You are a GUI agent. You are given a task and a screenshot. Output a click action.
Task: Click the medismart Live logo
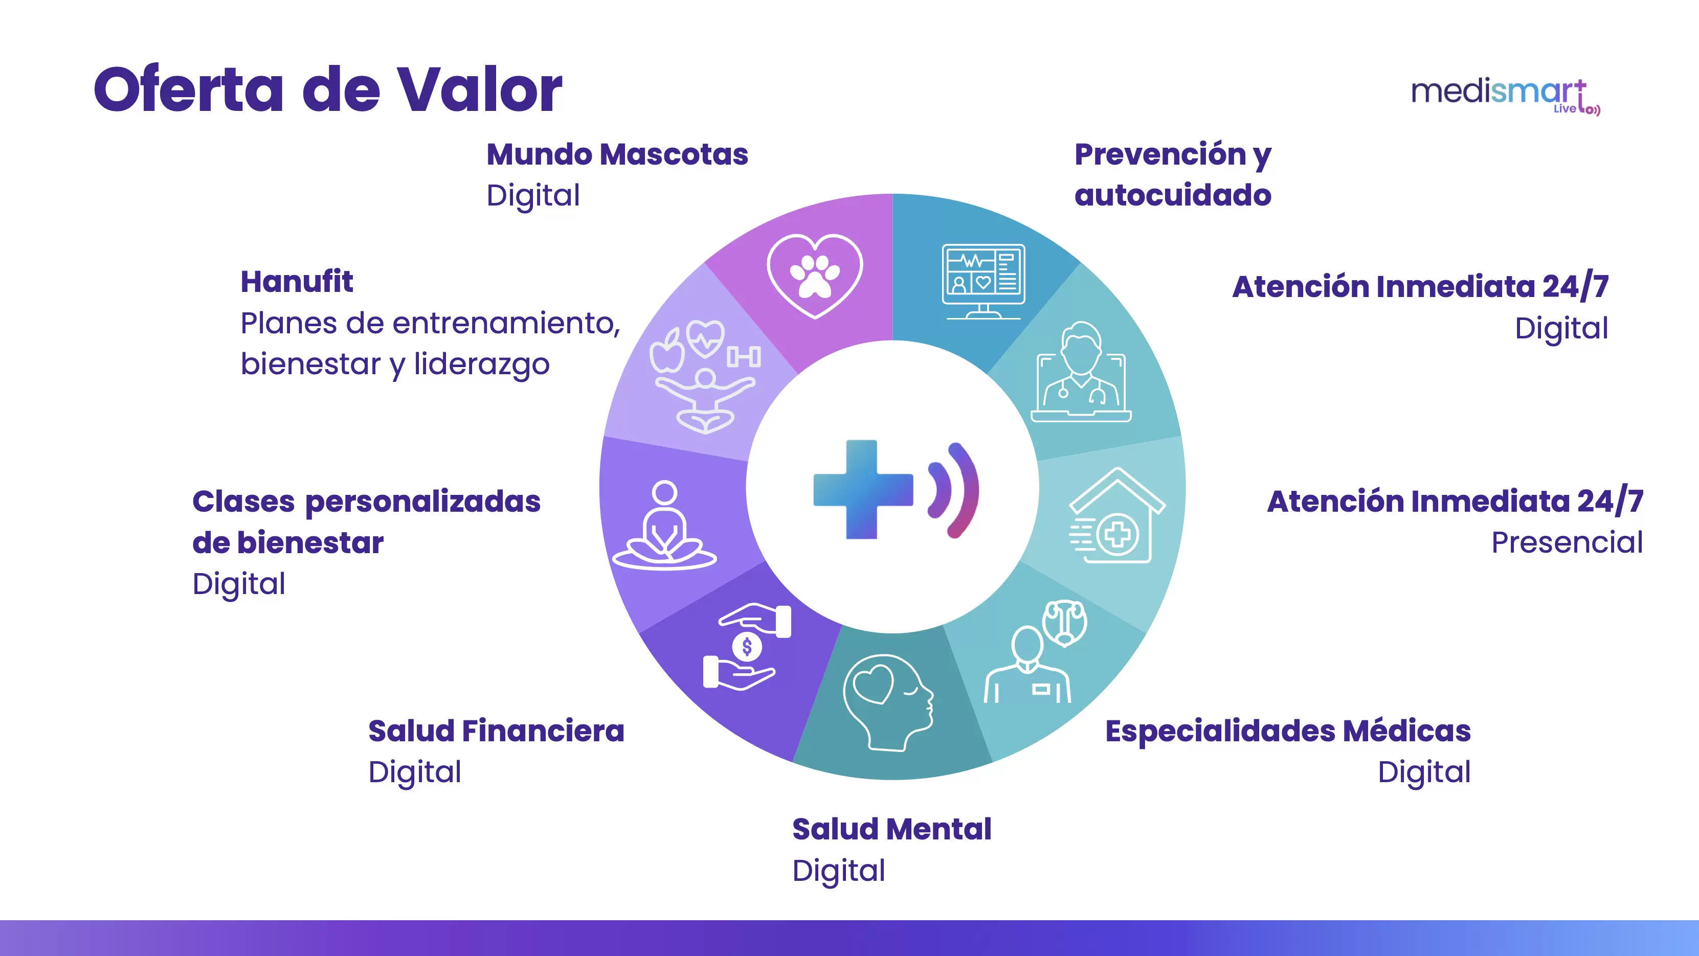[x=1505, y=96]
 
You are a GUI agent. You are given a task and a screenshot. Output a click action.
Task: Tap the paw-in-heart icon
[x=815, y=276]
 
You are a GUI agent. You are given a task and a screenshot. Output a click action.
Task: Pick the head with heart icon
[x=888, y=702]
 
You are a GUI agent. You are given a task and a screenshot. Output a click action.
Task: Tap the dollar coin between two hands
[x=747, y=647]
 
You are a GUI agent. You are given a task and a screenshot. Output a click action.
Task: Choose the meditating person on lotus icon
[x=664, y=526]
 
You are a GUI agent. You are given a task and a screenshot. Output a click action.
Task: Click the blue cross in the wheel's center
[x=863, y=489]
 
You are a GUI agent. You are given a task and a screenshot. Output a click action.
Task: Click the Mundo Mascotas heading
[x=617, y=154]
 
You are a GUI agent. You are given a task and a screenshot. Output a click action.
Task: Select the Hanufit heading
[x=297, y=282]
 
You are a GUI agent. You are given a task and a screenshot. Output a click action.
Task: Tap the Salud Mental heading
[x=892, y=829]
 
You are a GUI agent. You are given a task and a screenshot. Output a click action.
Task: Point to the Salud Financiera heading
[x=496, y=731]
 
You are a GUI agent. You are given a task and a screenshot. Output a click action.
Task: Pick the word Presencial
[x=1567, y=542]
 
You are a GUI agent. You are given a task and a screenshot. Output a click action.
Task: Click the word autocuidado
[x=1173, y=195]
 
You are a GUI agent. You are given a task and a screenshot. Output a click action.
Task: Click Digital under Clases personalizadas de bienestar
[x=239, y=585]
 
